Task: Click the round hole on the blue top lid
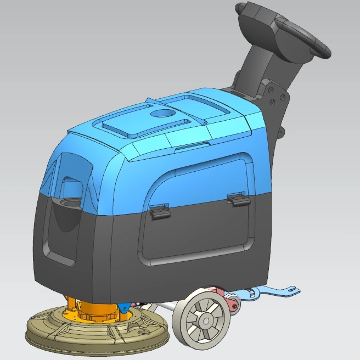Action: [162, 114]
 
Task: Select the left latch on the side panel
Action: [160, 211]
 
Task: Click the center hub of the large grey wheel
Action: [205, 320]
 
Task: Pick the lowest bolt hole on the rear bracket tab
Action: [281, 132]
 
